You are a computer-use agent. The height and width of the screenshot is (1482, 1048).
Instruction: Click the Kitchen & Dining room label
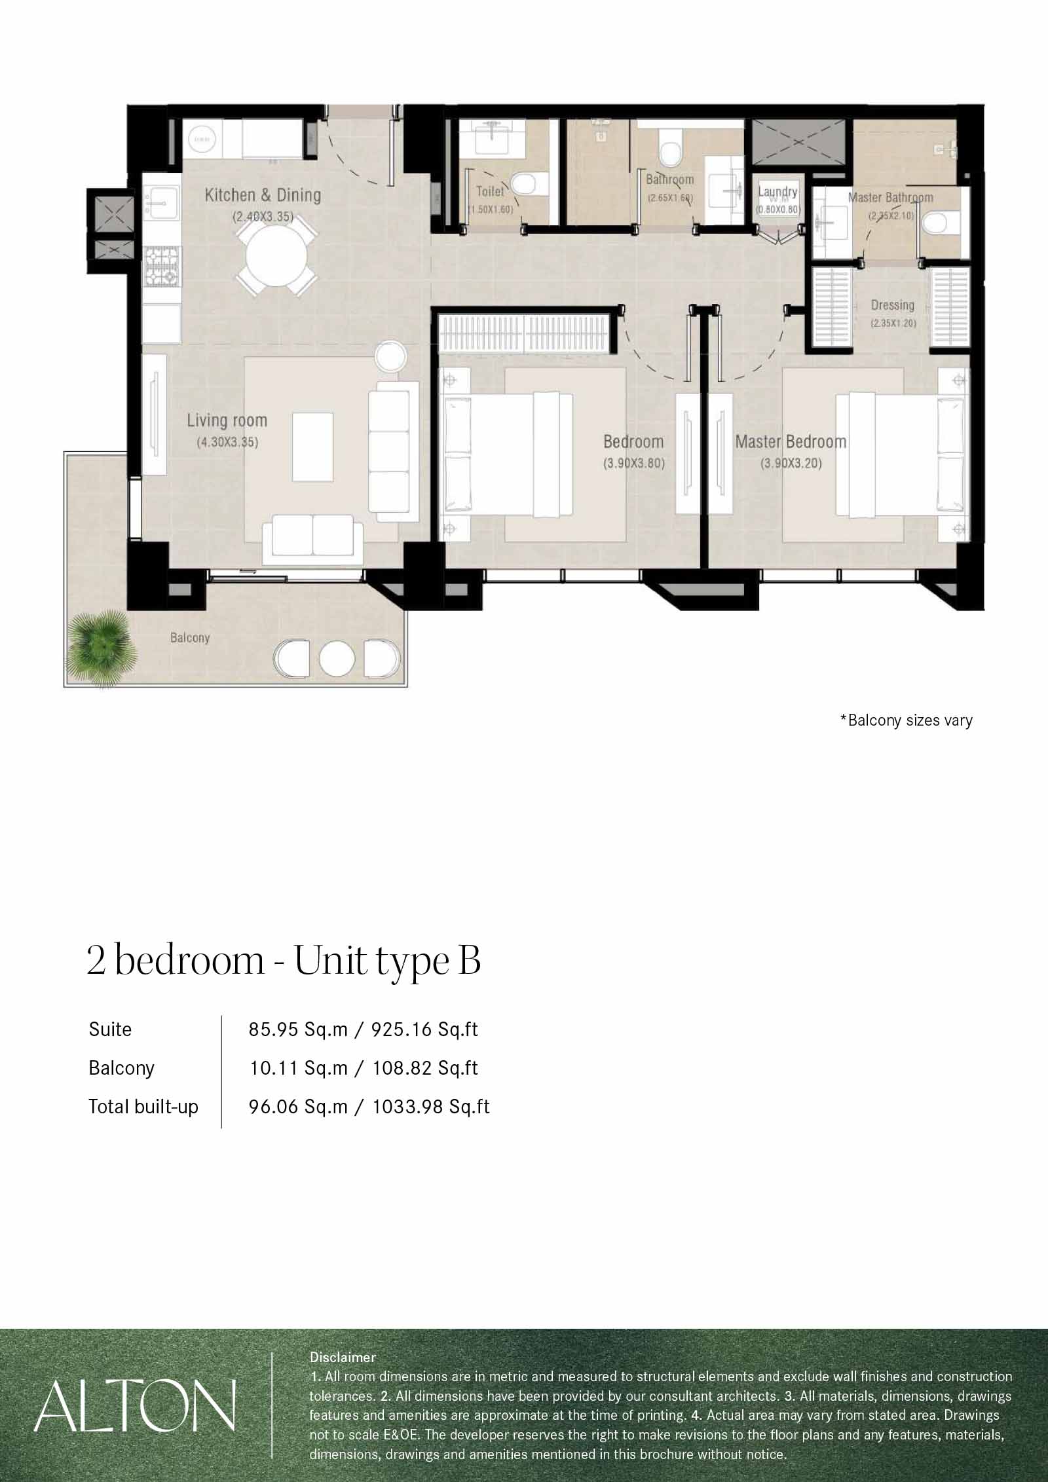coord(263,195)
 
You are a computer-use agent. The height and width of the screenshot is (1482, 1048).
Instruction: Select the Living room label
coord(227,420)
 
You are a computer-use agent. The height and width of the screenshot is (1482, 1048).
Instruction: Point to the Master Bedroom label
coord(791,441)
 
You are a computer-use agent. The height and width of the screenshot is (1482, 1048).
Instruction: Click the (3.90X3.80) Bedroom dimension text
coord(633,464)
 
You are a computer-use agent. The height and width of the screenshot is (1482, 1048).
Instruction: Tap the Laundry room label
coord(778,191)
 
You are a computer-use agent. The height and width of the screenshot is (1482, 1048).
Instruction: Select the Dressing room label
coord(893,305)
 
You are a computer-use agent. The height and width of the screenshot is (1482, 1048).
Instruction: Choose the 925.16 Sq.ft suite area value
coord(424,1029)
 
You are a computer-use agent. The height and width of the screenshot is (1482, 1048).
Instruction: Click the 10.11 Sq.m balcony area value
coord(298,1068)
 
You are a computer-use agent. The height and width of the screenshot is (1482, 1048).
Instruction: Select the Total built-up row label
coord(143,1107)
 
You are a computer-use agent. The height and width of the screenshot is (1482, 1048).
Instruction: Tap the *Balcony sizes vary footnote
coord(906,720)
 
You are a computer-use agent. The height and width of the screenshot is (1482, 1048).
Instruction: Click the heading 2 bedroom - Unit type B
coord(284,960)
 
